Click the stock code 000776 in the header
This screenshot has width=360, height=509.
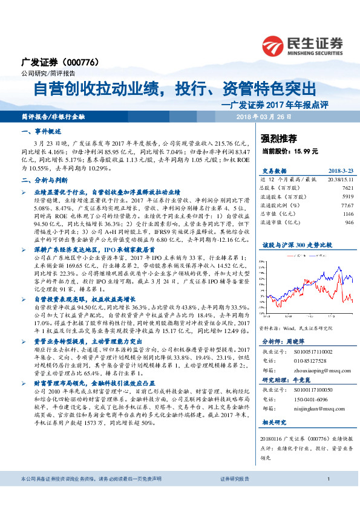pos(82,62)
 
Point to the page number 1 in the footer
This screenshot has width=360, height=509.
pos(327,496)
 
